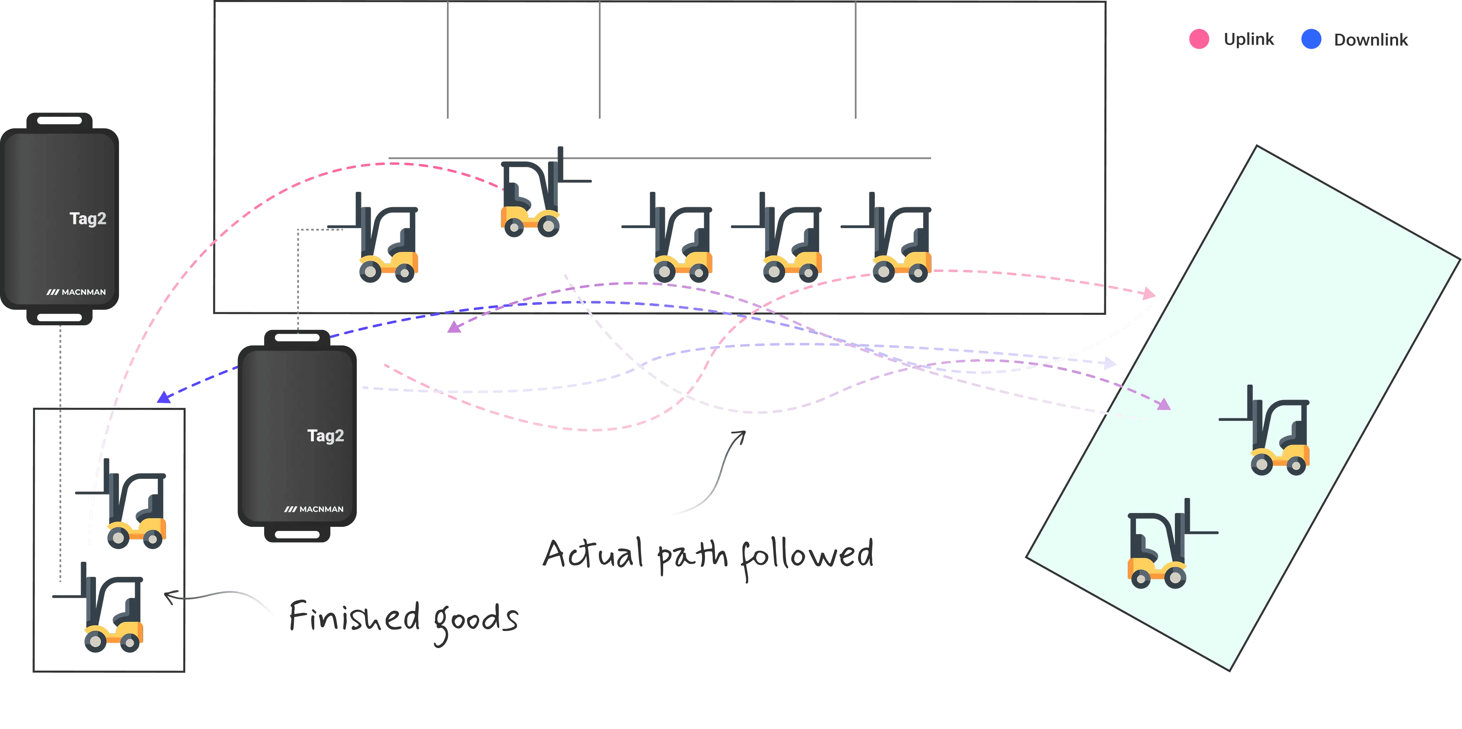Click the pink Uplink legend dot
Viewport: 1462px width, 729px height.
[1199, 39]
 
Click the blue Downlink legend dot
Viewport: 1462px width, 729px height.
[1311, 39]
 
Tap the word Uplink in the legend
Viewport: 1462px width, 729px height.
[1249, 39]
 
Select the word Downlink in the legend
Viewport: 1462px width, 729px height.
[1370, 40]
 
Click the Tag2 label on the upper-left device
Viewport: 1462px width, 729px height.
[88, 219]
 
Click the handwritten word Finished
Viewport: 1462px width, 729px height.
[355, 617]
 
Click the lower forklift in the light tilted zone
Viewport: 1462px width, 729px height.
[1161, 548]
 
